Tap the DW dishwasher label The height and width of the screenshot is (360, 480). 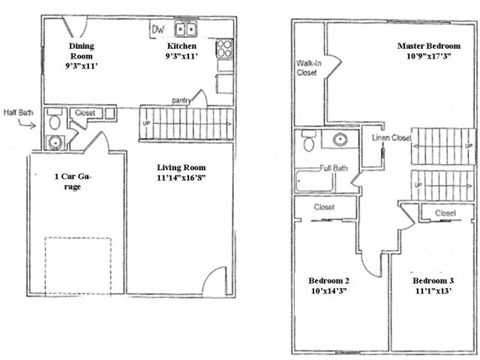point(156,29)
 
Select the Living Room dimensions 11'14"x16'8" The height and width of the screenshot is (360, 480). point(182,183)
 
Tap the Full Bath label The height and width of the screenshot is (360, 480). point(333,168)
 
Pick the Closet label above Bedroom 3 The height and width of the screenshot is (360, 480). point(445,213)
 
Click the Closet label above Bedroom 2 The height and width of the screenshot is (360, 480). point(324,208)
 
